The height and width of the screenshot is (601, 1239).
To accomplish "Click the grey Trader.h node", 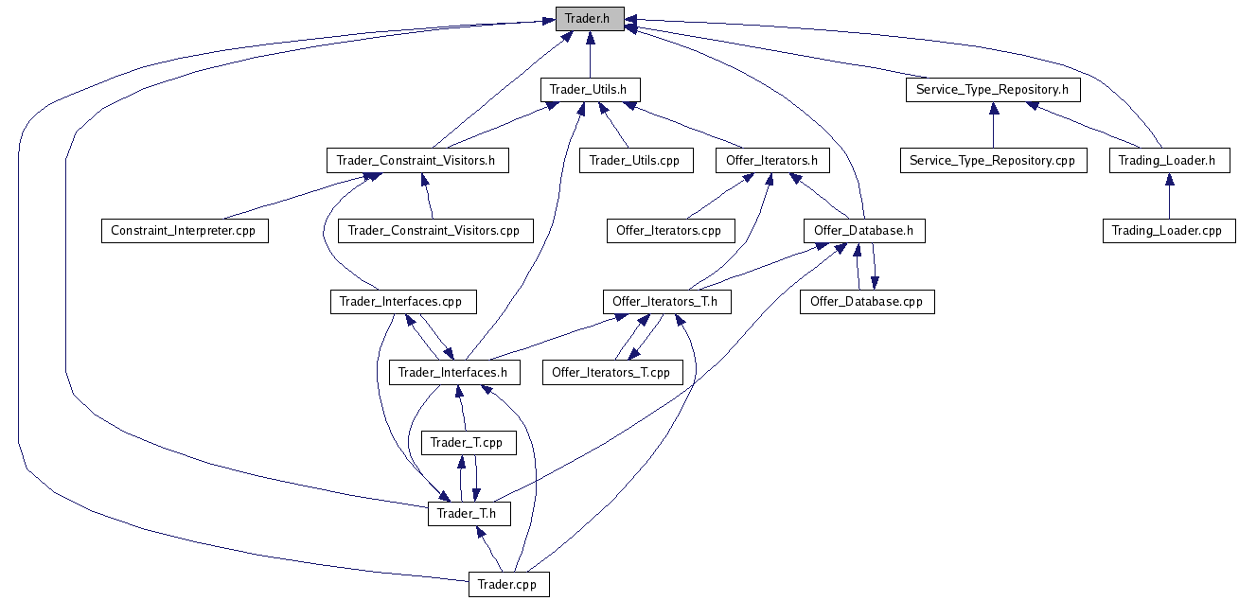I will pos(589,19).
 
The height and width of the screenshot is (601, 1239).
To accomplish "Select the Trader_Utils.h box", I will pos(589,90).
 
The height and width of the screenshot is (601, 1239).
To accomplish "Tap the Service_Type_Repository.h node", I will pos(992,90).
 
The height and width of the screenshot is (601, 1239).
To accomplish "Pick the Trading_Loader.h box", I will pos(1167,160).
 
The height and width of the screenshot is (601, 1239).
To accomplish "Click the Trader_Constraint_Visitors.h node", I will pos(416,160).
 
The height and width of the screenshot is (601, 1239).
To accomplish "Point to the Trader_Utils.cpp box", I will pos(634,160).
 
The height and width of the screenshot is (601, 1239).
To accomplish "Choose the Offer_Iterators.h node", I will pos(771,160).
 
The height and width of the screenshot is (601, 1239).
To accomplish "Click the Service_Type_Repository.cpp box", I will pos(992,160).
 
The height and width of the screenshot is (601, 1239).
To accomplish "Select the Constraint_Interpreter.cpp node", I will pos(184,230).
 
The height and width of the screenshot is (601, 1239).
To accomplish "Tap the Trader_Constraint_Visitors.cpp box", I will pos(434,230).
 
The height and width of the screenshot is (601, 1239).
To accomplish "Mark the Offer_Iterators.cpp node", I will pos(668,230).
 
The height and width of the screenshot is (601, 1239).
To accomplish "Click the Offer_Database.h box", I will pos(863,230).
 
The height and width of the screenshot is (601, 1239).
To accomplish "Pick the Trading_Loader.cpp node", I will pos(1167,230).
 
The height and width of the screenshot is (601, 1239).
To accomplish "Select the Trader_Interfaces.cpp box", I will pos(401,302).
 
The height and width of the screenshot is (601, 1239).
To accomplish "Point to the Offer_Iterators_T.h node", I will pos(665,302).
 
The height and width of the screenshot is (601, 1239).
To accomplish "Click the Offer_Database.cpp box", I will pos(866,302).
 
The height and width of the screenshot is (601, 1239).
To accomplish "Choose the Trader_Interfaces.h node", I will pos(453,372).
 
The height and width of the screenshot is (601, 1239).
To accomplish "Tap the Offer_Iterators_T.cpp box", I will pos(611,372).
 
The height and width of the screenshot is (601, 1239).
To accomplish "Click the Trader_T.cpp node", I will pos(467,442).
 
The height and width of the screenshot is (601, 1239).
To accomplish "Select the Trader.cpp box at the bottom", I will pos(507,584).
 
